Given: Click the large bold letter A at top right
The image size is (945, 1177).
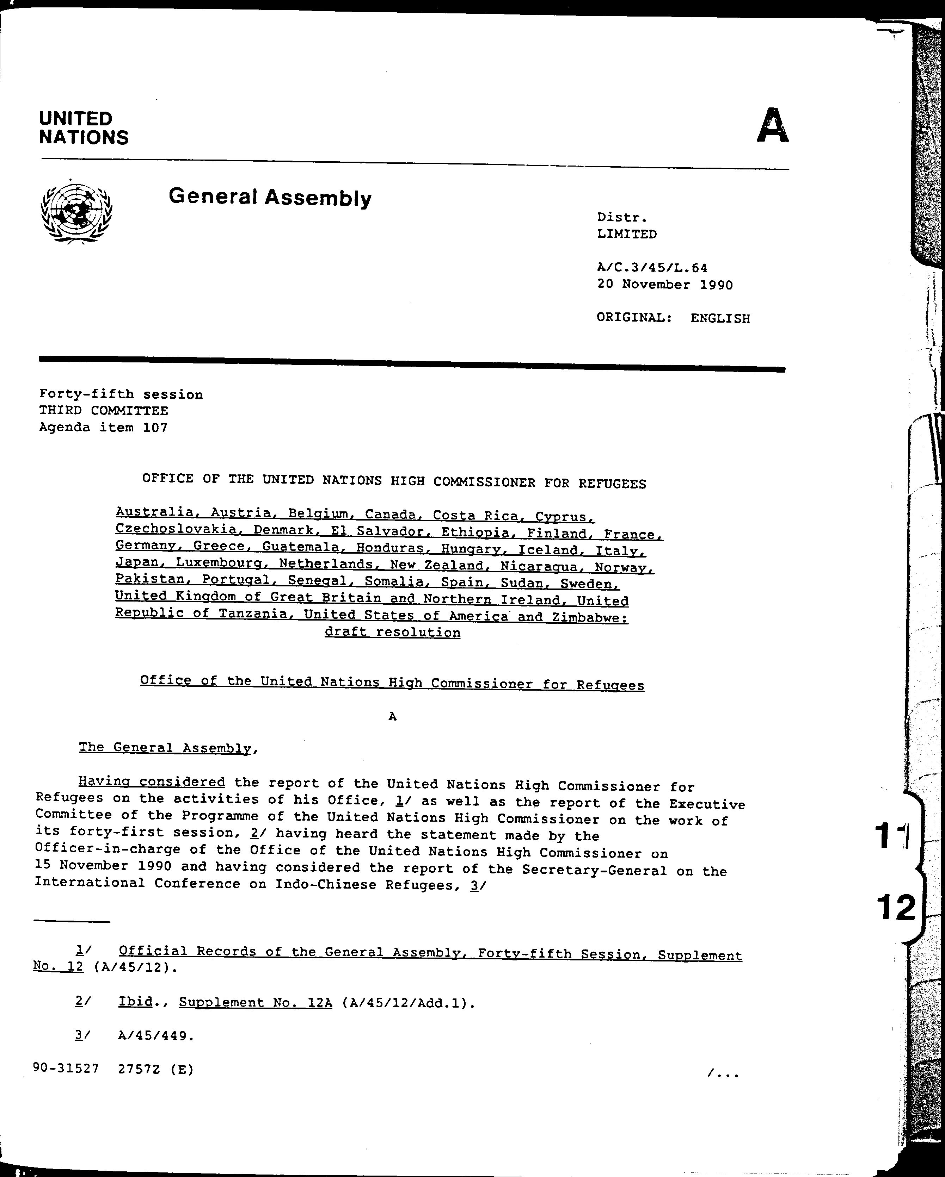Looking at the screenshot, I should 772,126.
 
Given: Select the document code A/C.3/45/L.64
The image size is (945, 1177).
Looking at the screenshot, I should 652,268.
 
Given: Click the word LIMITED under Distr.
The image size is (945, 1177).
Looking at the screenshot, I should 627,234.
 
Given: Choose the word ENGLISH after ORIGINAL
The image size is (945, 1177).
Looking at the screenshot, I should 720,318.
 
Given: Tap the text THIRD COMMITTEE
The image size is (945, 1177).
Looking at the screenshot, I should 103,411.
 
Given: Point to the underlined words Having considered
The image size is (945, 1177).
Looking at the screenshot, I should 151,782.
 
